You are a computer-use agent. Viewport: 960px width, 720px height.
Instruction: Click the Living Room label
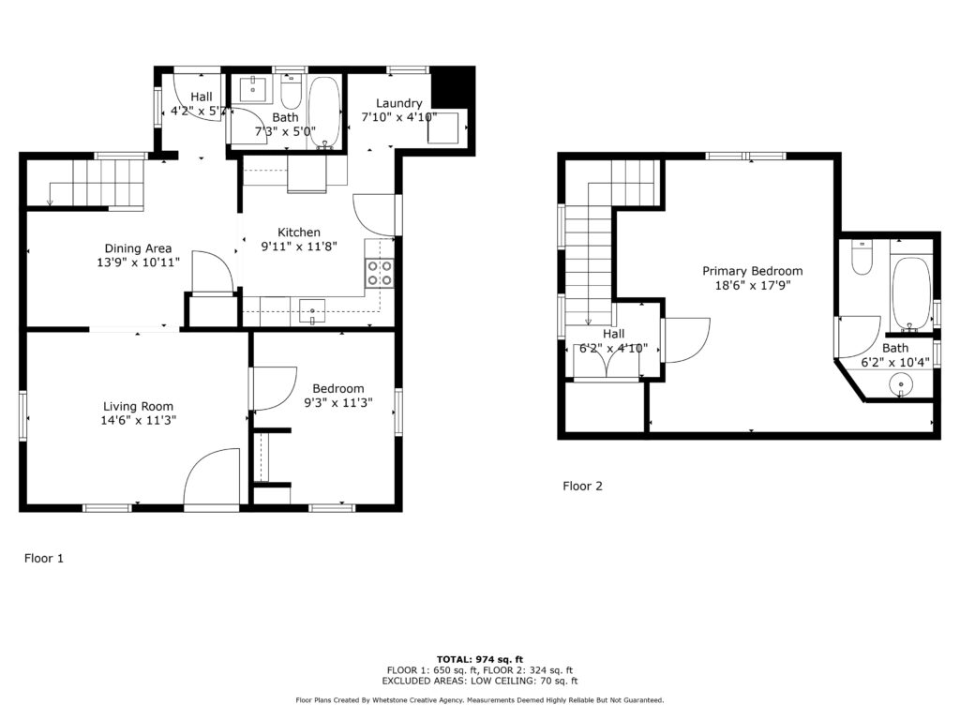click(138, 406)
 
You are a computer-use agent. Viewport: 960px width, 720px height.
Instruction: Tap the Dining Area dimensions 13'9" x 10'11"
click(138, 262)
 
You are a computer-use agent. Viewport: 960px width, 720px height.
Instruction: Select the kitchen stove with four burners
click(380, 273)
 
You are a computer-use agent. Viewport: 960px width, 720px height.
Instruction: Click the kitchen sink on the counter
click(312, 311)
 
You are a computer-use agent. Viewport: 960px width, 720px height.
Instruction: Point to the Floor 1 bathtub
click(323, 112)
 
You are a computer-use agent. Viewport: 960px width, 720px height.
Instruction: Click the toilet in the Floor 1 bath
click(292, 91)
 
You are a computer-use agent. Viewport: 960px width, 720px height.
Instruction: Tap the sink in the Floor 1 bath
click(252, 89)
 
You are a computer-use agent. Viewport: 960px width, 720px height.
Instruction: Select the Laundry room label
click(398, 103)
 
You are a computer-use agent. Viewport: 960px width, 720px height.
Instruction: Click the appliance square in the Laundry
click(443, 127)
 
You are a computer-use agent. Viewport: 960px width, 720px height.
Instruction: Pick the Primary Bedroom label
click(753, 271)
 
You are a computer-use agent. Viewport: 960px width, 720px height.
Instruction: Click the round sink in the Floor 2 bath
click(901, 384)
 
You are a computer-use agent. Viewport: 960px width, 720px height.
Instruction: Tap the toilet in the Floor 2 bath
click(862, 257)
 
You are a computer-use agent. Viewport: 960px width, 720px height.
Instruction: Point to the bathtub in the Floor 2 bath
click(911, 293)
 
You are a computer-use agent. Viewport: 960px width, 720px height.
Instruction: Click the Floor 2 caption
click(582, 487)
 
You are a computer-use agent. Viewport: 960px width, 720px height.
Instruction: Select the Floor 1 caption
click(43, 559)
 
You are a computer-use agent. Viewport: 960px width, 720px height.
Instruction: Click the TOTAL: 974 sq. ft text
click(480, 659)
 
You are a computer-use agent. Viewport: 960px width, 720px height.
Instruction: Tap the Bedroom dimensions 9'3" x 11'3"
click(338, 402)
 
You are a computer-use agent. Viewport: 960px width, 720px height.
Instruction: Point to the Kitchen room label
click(299, 232)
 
